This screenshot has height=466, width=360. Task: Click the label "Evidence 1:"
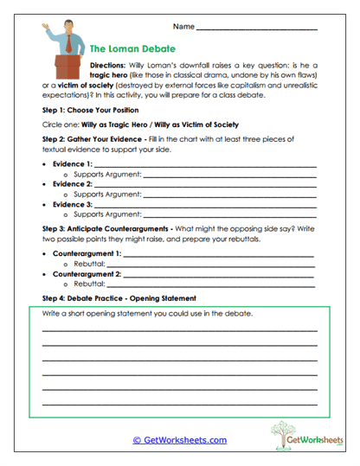coord(72,164)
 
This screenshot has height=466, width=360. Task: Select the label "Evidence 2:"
coord(72,184)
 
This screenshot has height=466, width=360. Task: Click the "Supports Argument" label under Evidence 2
coord(108,194)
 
